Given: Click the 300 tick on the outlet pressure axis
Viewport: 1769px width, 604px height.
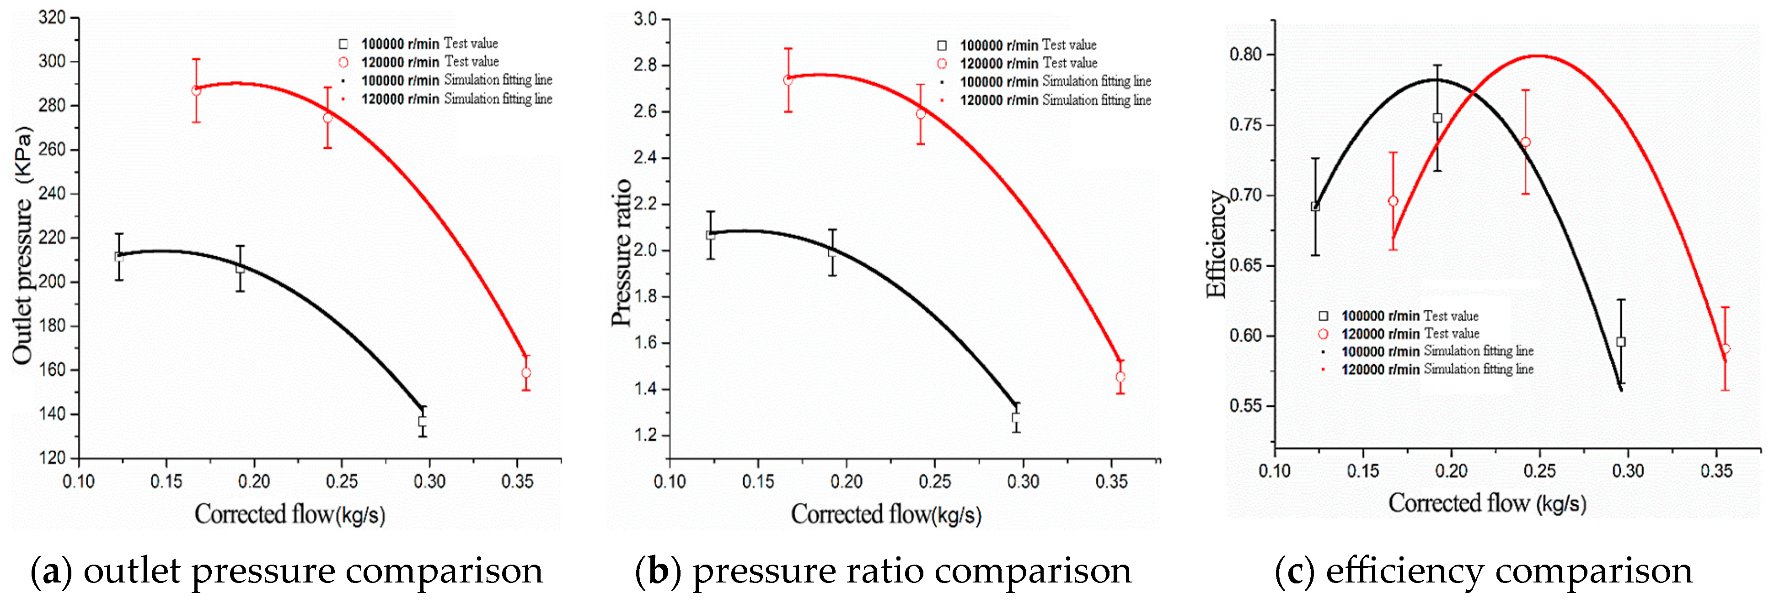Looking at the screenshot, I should (52, 61).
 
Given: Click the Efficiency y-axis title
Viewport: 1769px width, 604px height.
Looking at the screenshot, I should (1216, 244).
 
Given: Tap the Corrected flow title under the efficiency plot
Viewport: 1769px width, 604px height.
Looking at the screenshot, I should (1487, 503).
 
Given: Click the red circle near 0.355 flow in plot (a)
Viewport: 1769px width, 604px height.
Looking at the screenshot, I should (526, 372).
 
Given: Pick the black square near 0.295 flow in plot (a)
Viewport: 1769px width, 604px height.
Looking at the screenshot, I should (422, 421).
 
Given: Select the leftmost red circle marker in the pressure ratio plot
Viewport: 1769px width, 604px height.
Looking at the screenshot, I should (788, 80).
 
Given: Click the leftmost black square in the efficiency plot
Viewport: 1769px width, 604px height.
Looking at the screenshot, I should (1315, 206).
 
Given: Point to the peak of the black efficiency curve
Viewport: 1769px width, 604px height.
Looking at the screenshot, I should (1435, 80).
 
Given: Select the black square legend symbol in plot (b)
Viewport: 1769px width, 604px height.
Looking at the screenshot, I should (942, 45).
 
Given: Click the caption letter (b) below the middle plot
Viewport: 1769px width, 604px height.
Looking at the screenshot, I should (657, 571).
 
